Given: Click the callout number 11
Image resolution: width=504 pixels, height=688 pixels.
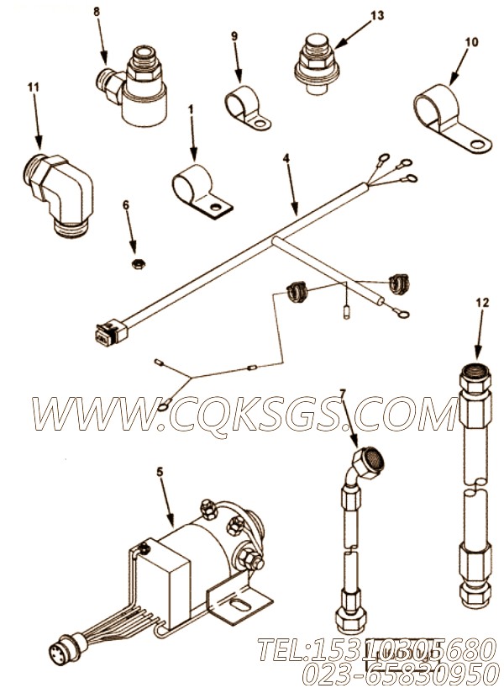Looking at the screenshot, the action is pos(34,87).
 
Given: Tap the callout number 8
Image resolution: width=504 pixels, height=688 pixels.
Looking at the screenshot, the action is pos(97,12).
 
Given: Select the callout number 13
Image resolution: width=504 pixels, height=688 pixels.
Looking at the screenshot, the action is pos(377,16).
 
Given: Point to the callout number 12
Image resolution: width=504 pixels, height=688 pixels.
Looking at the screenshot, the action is pos(482,302).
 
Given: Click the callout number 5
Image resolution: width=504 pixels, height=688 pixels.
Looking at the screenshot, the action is pos(160,472).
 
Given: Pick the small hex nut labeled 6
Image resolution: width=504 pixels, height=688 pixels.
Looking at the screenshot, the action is pos(139,264).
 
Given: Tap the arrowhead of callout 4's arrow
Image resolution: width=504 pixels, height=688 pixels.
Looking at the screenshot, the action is pos(297,212).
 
